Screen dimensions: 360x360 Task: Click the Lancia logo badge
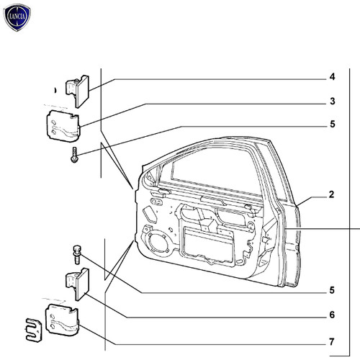click(17, 17)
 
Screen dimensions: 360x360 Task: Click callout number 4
click(332, 77)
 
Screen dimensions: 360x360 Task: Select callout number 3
click(333, 101)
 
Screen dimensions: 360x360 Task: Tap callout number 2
click(331, 194)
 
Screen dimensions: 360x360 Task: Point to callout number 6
click(332, 315)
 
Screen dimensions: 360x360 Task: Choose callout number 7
click(332, 341)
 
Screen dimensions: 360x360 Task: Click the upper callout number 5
click(333, 124)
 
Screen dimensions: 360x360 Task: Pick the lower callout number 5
click(332, 290)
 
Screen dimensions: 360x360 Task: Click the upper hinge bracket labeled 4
click(77, 91)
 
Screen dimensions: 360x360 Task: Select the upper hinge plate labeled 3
click(63, 126)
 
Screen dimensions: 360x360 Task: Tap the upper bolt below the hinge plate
click(75, 155)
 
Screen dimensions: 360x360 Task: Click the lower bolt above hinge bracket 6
click(77, 255)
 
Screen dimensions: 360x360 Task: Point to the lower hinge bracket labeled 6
click(77, 284)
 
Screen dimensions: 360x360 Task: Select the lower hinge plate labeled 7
click(62, 320)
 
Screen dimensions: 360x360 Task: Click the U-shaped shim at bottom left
click(34, 330)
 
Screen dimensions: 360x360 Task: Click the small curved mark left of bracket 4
click(55, 90)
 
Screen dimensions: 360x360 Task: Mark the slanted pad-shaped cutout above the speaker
click(150, 215)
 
